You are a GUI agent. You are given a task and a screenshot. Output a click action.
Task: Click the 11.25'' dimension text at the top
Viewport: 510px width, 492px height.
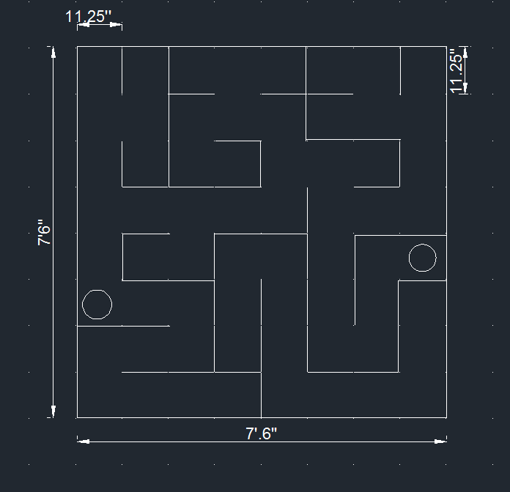coord(89,15)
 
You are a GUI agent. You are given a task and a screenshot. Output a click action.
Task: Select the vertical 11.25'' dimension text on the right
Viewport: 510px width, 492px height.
coord(458,71)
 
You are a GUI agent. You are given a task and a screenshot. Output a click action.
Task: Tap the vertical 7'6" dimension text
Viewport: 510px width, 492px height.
coord(45,233)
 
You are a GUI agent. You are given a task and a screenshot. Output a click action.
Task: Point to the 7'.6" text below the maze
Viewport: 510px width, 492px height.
coord(261,433)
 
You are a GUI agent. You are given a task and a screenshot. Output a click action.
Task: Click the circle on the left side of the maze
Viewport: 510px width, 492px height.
coord(97,304)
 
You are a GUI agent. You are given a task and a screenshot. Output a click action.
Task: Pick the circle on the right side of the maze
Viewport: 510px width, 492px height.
coord(422,258)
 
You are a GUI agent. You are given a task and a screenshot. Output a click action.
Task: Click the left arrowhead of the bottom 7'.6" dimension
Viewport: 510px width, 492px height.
coord(83,441)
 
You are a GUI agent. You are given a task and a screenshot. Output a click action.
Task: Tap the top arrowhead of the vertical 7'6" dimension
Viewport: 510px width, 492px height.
coord(53,52)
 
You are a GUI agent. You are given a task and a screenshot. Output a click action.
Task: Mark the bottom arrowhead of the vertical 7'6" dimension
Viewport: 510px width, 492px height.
coord(53,411)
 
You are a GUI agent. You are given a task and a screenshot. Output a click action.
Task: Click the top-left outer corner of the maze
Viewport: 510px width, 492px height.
coord(77,46)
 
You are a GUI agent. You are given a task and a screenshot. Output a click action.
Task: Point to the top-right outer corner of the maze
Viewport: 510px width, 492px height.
coord(446,46)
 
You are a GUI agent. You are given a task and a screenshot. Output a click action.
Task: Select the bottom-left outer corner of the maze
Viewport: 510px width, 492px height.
coord(77,418)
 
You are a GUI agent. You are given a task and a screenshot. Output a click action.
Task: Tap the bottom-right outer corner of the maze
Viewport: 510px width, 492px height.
coord(446,418)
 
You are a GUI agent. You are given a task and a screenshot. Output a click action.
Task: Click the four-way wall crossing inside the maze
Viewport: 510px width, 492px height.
coord(306,94)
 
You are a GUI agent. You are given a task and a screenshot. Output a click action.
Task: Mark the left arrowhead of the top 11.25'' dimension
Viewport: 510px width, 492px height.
coord(82,24)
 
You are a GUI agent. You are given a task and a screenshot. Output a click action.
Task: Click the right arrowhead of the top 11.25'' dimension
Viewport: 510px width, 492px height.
coord(117,24)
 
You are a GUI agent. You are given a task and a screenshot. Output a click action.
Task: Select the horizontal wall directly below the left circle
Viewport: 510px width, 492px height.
coord(123,326)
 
